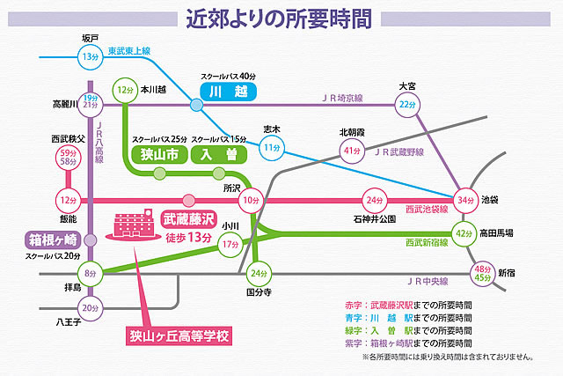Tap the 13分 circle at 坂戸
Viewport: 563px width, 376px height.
[x=89, y=57]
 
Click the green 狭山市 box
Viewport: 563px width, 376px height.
[x=158, y=155]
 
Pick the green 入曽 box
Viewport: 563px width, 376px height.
[x=219, y=155]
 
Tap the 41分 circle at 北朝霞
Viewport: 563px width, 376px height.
[x=353, y=151]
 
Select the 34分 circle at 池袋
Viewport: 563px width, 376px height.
[x=465, y=200]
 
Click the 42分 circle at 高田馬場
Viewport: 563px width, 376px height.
[x=464, y=233]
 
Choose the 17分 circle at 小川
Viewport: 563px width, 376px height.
[x=230, y=244]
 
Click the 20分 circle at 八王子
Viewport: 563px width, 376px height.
[x=90, y=308]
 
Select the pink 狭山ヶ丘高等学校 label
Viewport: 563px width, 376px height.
[x=173, y=335]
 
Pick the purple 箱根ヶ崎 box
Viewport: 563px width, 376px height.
[x=52, y=240]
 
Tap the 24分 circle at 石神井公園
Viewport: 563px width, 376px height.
[x=375, y=200]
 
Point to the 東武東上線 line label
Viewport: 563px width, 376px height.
[x=129, y=53]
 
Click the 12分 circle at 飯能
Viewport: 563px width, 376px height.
[x=68, y=200]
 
